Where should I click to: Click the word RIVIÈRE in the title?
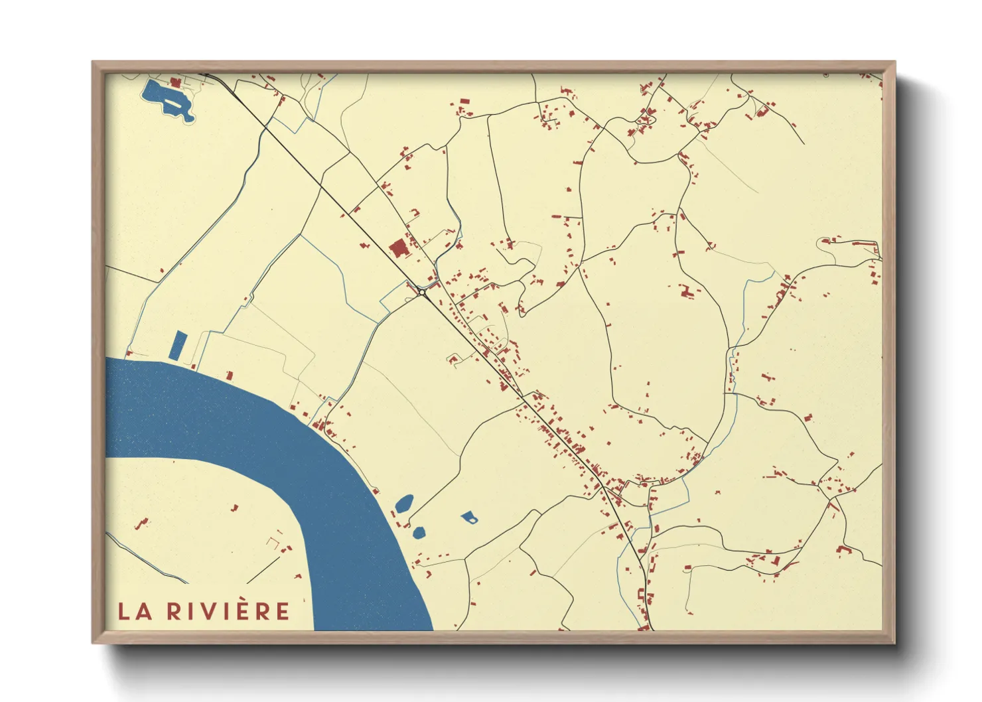228,611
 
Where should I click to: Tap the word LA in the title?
135,611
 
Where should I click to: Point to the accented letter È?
240,610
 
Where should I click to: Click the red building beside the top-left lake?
175,83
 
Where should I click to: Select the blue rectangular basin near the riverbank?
178,346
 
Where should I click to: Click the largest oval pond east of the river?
403,503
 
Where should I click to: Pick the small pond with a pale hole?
469,517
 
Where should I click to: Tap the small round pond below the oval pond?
418,531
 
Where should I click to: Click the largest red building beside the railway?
398,249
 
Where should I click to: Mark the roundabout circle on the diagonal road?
422,291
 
